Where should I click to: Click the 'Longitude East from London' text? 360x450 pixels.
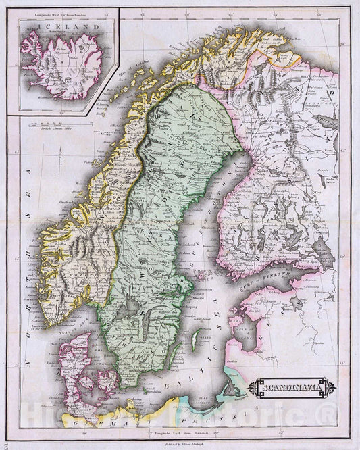tap(182, 431)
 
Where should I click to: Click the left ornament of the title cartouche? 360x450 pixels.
tap(251, 370)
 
